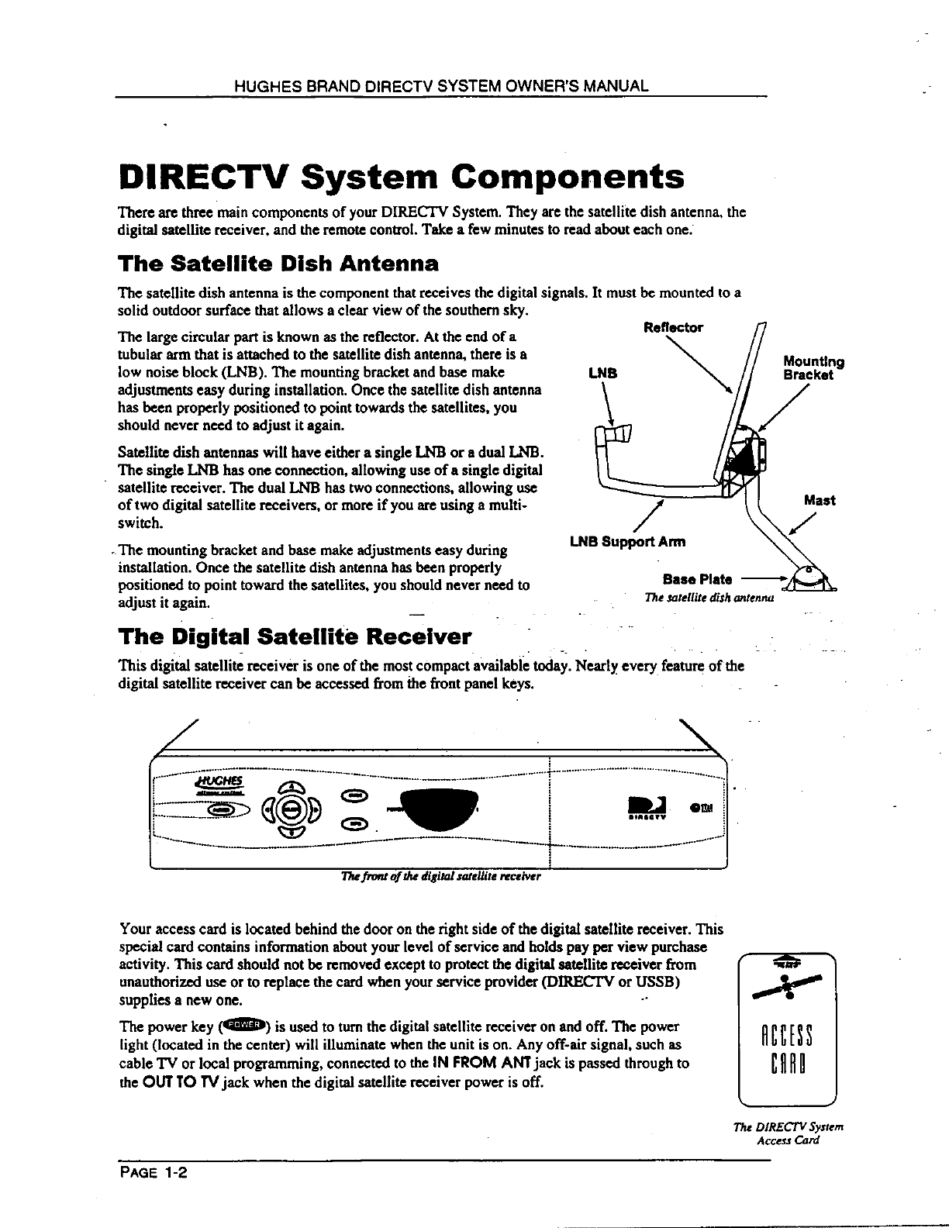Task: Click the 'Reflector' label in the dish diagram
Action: click(x=673, y=327)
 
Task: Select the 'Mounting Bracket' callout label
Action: click(x=813, y=367)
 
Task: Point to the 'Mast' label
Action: click(x=820, y=500)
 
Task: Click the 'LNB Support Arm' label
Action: click(x=627, y=541)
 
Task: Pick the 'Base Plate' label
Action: click(x=697, y=579)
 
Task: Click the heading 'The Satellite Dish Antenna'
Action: click(x=278, y=264)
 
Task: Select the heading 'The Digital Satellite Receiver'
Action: click(x=294, y=637)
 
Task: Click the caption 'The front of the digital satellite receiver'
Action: click(x=440, y=877)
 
